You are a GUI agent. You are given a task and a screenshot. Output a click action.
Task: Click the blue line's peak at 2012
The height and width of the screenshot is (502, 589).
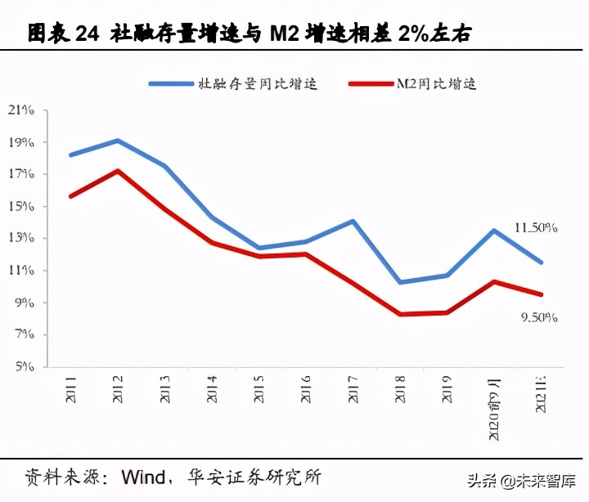coord(118,141)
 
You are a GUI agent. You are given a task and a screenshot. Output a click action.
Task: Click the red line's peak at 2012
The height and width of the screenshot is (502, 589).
coord(118,171)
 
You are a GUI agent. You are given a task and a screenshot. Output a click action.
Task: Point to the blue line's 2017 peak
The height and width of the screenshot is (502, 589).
coord(353,221)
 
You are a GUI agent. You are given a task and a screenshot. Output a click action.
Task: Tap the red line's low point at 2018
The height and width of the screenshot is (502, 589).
coord(400,314)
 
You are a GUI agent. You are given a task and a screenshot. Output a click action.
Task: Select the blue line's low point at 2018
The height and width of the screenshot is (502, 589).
coord(400,282)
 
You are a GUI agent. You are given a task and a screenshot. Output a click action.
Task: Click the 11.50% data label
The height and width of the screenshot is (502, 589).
coord(536,228)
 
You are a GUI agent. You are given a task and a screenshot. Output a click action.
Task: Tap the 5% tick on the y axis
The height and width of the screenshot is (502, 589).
coord(25,367)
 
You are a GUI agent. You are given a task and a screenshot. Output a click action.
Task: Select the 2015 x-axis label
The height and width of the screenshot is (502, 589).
coord(259,390)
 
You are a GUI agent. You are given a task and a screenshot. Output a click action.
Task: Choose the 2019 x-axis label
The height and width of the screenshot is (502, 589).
coord(447,390)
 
